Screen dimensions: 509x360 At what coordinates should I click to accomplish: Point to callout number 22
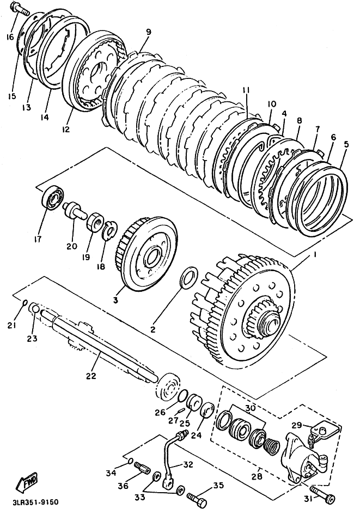tap(90, 376)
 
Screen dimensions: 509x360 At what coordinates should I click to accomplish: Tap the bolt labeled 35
tap(197, 496)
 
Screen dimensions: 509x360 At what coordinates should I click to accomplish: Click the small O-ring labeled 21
tap(25, 303)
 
